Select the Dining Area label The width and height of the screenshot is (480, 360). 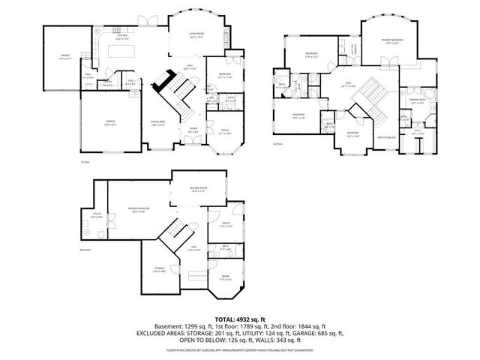point(157,123)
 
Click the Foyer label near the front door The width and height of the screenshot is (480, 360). point(193,129)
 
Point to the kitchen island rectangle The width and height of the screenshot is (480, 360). point(121,52)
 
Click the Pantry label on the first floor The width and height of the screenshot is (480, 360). point(107,82)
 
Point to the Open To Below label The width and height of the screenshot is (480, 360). point(386,137)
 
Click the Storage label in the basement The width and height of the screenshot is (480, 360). point(159,268)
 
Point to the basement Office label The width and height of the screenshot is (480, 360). point(226,223)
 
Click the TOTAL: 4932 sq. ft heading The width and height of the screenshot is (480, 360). point(240,318)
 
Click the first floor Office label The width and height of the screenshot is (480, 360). point(225,131)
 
